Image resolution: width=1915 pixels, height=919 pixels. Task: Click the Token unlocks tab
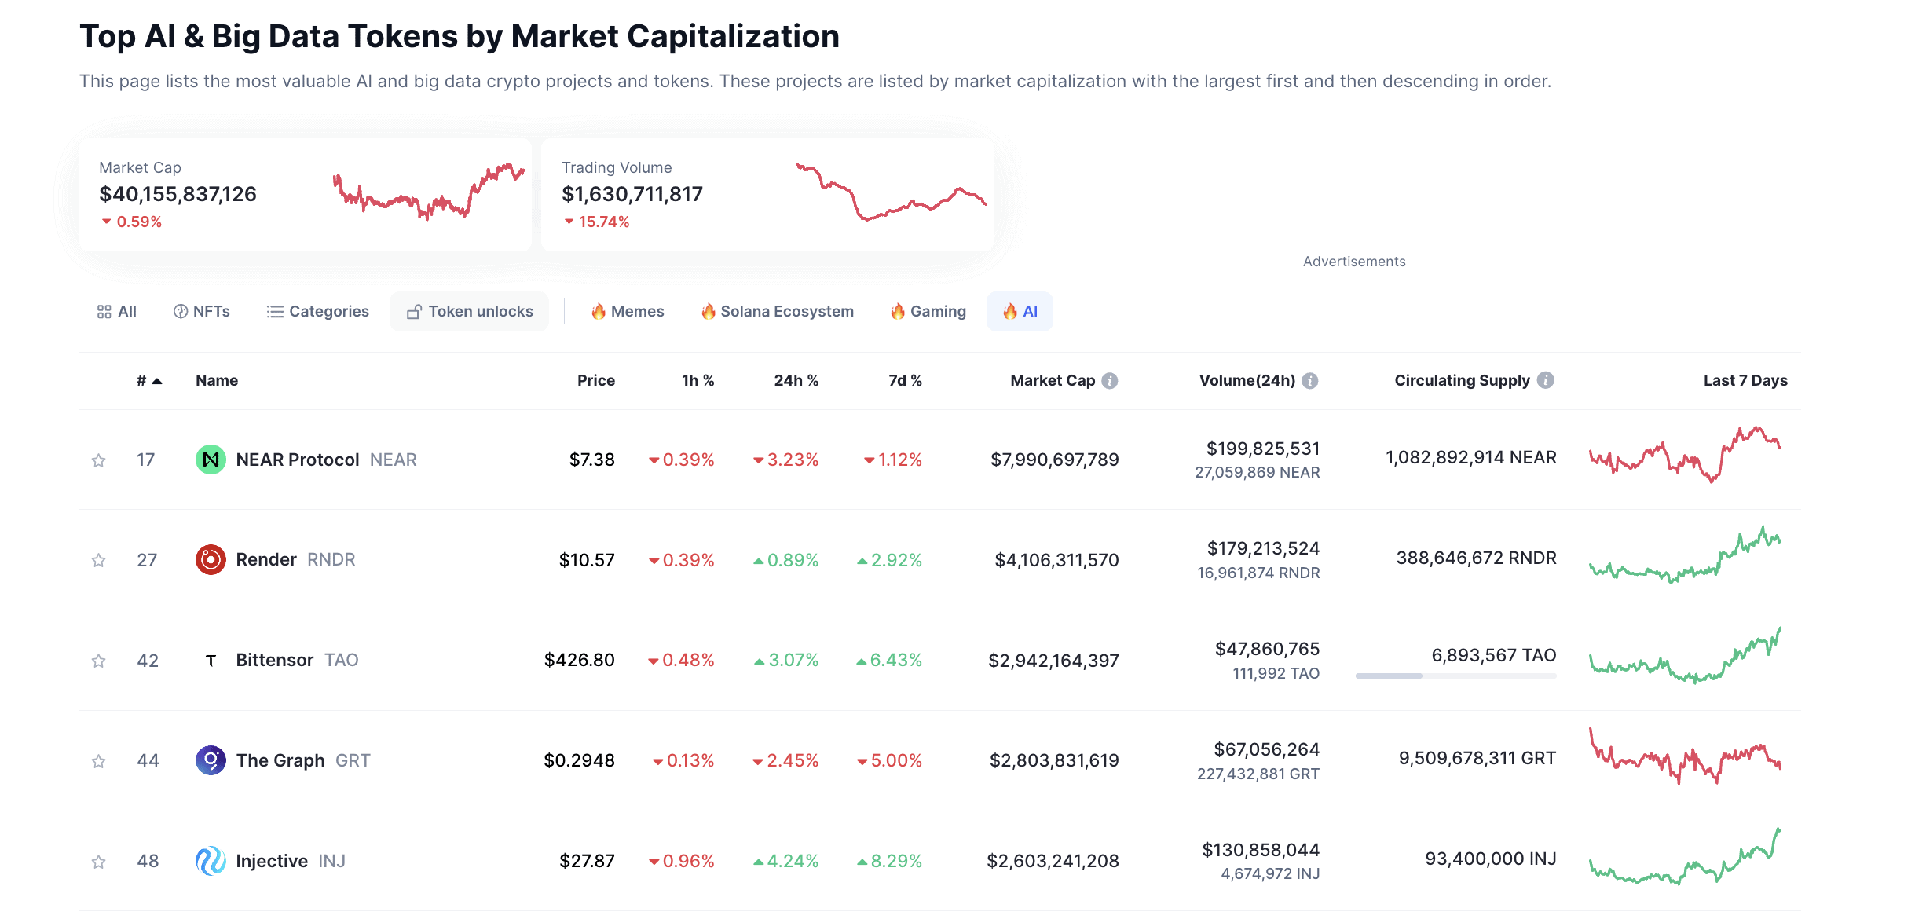[x=470, y=312]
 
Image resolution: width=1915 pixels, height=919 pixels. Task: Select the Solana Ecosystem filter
[x=777, y=312]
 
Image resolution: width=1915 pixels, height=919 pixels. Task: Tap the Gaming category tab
[x=928, y=312]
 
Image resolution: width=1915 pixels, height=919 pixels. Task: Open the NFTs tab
[x=202, y=312]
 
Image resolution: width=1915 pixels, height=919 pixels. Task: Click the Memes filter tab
[x=628, y=312]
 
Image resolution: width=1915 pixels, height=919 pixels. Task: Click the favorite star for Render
[x=98, y=560]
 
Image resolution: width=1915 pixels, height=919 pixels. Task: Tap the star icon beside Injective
[x=98, y=862]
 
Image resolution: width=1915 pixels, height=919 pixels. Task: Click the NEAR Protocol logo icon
[x=211, y=459]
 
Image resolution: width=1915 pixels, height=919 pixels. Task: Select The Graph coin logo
[x=211, y=760]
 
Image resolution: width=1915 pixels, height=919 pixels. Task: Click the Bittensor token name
[x=274, y=660]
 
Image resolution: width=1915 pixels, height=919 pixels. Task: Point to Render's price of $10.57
[x=587, y=560]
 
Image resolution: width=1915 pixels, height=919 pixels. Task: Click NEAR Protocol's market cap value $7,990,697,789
[x=1054, y=459]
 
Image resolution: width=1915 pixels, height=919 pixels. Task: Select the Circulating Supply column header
[x=1462, y=380]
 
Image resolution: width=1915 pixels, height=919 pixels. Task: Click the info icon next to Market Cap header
[x=1110, y=381]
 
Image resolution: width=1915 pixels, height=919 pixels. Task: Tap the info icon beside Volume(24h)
[x=1310, y=381]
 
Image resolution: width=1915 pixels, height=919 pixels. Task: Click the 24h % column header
[x=796, y=380]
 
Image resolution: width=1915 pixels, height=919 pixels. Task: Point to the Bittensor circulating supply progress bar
[x=1455, y=676]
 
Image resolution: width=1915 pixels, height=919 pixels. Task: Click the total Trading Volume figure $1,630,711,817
[x=632, y=194]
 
